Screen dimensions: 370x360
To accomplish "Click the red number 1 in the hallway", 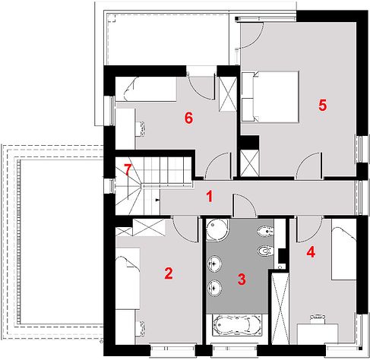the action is pyautogui.click(x=210, y=197).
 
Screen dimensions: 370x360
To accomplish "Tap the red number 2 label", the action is pyautogui.click(x=169, y=273).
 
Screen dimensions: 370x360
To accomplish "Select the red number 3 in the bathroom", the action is pyautogui.click(x=242, y=279).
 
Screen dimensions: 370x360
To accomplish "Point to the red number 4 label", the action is pyautogui.click(x=311, y=252).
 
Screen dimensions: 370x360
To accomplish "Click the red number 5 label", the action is pyautogui.click(x=322, y=106).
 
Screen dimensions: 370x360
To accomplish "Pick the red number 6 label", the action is pyautogui.click(x=188, y=118).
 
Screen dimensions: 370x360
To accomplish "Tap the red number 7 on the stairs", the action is pyautogui.click(x=128, y=170).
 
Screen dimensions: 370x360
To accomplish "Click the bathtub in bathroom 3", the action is pyautogui.click(x=237, y=326).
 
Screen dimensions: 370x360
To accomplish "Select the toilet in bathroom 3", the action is pyautogui.click(x=265, y=251).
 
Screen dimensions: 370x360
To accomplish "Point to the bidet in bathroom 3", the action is pyautogui.click(x=265, y=231).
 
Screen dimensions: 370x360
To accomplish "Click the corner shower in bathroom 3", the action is pyautogui.click(x=217, y=229).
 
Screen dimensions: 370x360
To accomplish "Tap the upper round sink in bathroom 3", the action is pyautogui.click(x=215, y=264).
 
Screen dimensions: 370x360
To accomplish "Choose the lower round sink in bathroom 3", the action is pyautogui.click(x=215, y=288).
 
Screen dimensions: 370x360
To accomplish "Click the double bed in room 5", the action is pyautogui.click(x=270, y=97).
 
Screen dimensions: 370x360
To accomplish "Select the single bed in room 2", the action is pyautogui.click(x=128, y=279).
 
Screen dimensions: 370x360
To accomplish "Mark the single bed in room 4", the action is pyautogui.click(x=344, y=249).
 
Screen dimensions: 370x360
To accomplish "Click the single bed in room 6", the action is pyautogui.click(x=146, y=90).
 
